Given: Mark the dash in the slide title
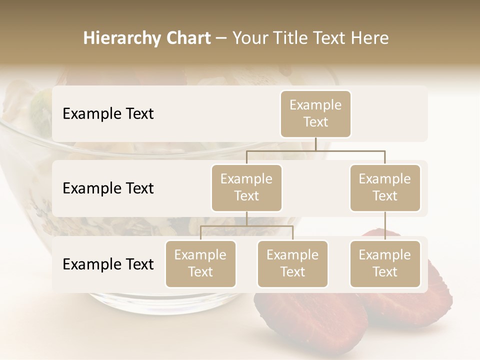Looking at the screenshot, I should click(221, 38).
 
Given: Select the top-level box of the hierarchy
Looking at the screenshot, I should click(315, 114).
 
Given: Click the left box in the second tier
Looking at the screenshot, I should click(246, 188).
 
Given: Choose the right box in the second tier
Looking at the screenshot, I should click(385, 188).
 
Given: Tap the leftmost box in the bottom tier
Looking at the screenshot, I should click(200, 264).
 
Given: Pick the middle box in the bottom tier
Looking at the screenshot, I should click(292, 264).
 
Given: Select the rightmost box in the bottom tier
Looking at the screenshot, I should click(385, 264).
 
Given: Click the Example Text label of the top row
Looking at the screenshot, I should click(108, 114).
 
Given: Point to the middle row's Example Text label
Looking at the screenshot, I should click(108, 188).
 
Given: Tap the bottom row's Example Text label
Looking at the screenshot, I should click(108, 264).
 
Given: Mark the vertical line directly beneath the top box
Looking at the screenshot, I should click(315, 144).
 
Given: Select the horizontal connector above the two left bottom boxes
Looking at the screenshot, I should click(246, 226).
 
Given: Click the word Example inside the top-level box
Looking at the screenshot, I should click(315, 105).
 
